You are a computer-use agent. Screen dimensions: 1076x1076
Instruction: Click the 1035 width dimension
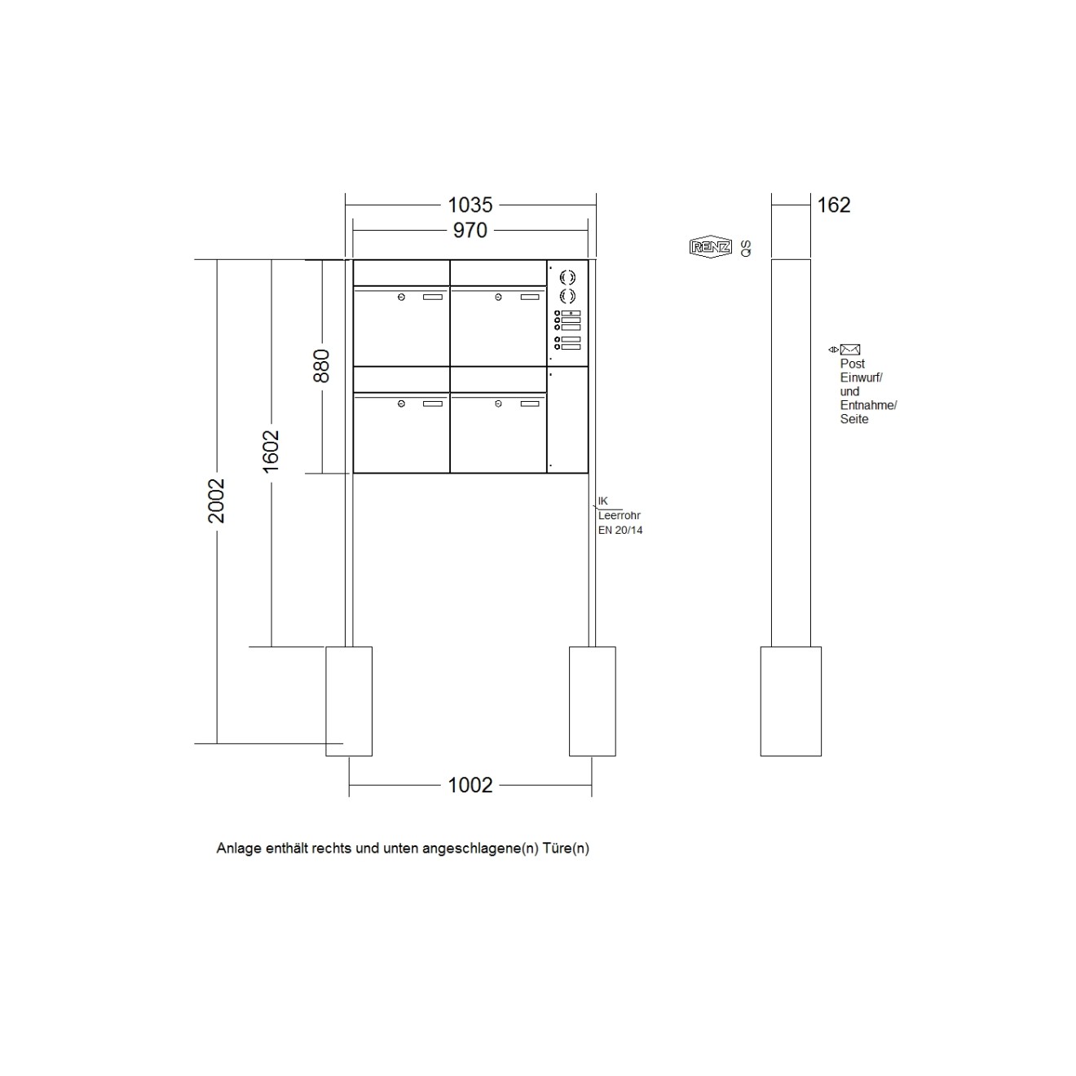[x=470, y=205]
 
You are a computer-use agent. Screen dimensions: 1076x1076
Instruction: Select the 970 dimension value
[x=470, y=230]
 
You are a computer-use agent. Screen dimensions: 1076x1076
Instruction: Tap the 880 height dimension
[x=322, y=366]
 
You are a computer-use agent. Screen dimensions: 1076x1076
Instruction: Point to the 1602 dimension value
[x=271, y=451]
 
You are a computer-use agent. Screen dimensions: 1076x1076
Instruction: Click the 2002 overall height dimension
[x=216, y=501]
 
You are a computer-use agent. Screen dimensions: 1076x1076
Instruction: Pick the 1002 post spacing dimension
[x=470, y=785]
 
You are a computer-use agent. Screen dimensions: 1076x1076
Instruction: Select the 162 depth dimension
[x=834, y=205]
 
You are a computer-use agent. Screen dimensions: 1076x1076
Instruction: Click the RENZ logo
[x=710, y=246]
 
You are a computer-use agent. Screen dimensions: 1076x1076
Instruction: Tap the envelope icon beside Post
[x=850, y=350]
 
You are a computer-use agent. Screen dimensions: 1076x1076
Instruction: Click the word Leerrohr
[x=620, y=515]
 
